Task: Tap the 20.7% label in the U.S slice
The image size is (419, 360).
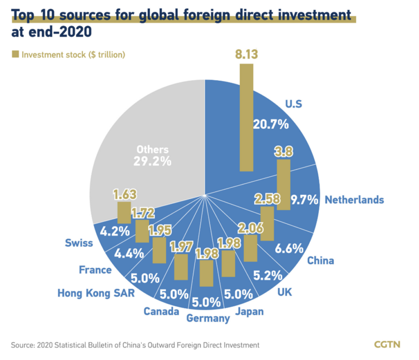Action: click(x=271, y=124)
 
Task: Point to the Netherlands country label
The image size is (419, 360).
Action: click(x=354, y=200)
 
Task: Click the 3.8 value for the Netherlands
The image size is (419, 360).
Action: click(x=284, y=152)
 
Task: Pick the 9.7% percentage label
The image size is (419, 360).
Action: click(x=304, y=200)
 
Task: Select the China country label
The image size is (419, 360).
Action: click(x=321, y=260)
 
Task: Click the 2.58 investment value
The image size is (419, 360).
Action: click(x=267, y=199)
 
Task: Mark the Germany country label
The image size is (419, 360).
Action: click(x=208, y=318)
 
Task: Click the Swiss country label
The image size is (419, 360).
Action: click(x=79, y=243)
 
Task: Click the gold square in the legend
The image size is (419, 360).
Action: click(x=16, y=54)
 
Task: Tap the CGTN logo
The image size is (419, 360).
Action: click(x=387, y=344)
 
